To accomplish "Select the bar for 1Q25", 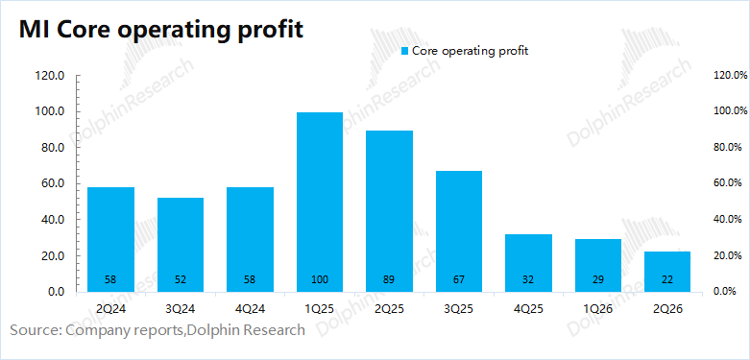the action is click(320, 202).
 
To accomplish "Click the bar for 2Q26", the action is click(667, 272).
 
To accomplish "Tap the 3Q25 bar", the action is click(459, 231).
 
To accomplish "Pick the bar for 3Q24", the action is click(181, 245).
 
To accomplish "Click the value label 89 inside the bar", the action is click(389, 279).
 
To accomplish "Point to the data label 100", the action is click(320, 279).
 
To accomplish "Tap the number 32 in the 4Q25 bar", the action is click(528, 279).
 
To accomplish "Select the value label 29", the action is click(598, 279).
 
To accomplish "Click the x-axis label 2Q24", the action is click(111, 309).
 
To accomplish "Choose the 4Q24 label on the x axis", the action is click(250, 309).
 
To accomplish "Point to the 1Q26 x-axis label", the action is click(598, 309).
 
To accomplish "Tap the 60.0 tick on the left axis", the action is click(54, 184).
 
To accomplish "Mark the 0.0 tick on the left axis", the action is click(57, 292).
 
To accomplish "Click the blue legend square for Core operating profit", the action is click(405, 51).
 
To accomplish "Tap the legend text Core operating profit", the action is click(471, 51).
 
